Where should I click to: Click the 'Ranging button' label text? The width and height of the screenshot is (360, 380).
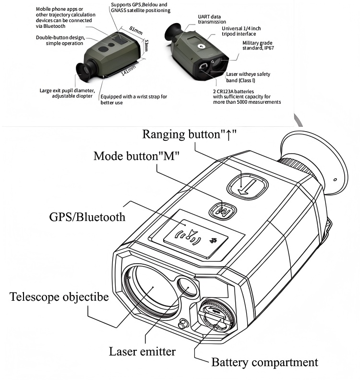click(189, 134)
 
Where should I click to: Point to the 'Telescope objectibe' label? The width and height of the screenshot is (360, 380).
click(59, 296)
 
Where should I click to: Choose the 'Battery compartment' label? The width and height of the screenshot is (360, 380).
click(264, 362)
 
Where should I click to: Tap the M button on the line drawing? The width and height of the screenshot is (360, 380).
click(221, 210)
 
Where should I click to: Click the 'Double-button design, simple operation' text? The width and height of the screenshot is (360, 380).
click(60, 40)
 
